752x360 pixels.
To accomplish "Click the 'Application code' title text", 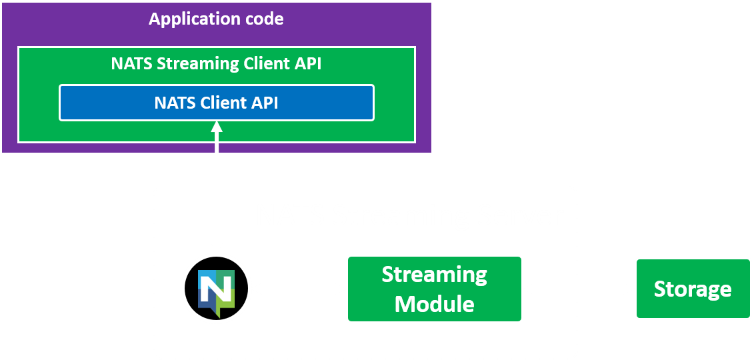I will [216, 19].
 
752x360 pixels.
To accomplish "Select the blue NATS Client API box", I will [216, 103].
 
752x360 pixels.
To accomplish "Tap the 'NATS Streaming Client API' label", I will [216, 64].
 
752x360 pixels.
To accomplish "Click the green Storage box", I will [692, 289].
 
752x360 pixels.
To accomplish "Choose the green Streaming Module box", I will [434, 289].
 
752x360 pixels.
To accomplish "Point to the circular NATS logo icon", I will [215, 289].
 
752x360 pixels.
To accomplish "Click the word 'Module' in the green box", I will [434, 304].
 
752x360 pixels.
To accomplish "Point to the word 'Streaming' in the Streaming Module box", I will [434, 275].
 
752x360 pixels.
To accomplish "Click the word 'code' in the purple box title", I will [266, 19].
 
